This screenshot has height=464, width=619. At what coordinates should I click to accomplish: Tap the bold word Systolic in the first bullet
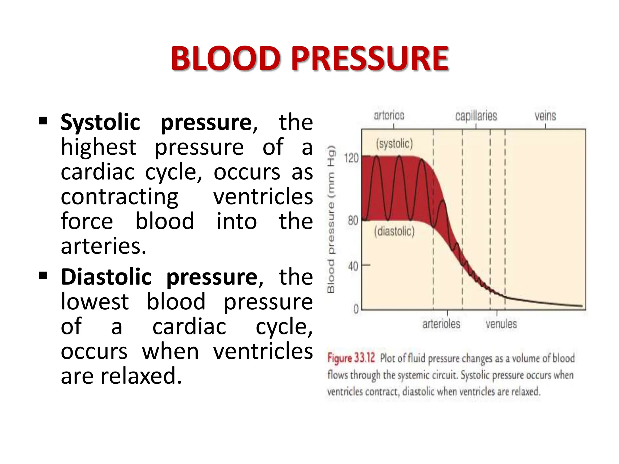(x=100, y=122)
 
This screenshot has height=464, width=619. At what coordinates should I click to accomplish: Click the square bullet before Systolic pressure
(x=43, y=121)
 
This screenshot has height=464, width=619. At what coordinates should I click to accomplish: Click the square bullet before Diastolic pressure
(x=43, y=275)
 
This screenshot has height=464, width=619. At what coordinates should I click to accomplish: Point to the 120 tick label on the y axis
(x=351, y=158)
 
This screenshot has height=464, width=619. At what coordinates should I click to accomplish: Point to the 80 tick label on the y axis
(x=353, y=221)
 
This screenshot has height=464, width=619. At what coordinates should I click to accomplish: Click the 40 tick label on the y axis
(x=353, y=266)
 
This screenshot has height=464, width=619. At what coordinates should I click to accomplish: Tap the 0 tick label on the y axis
(x=356, y=309)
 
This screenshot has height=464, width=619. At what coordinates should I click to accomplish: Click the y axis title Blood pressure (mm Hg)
(x=331, y=219)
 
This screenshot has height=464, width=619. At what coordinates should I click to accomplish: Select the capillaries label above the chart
(x=476, y=116)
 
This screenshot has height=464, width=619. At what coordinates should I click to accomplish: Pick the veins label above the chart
(x=545, y=116)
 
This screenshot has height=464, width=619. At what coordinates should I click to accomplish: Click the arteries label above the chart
(x=389, y=115)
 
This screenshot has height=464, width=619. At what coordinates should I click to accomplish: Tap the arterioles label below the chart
(x=441, y=324)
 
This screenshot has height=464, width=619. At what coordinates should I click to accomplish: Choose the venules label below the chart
(x=501, y=324)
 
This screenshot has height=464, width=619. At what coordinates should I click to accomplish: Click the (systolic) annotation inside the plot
(x=394, y=143)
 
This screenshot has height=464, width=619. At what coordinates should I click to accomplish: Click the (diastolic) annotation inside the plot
(x=394, y=231)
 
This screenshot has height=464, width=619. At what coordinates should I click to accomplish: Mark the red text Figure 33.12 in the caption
(x=351, y=358)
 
